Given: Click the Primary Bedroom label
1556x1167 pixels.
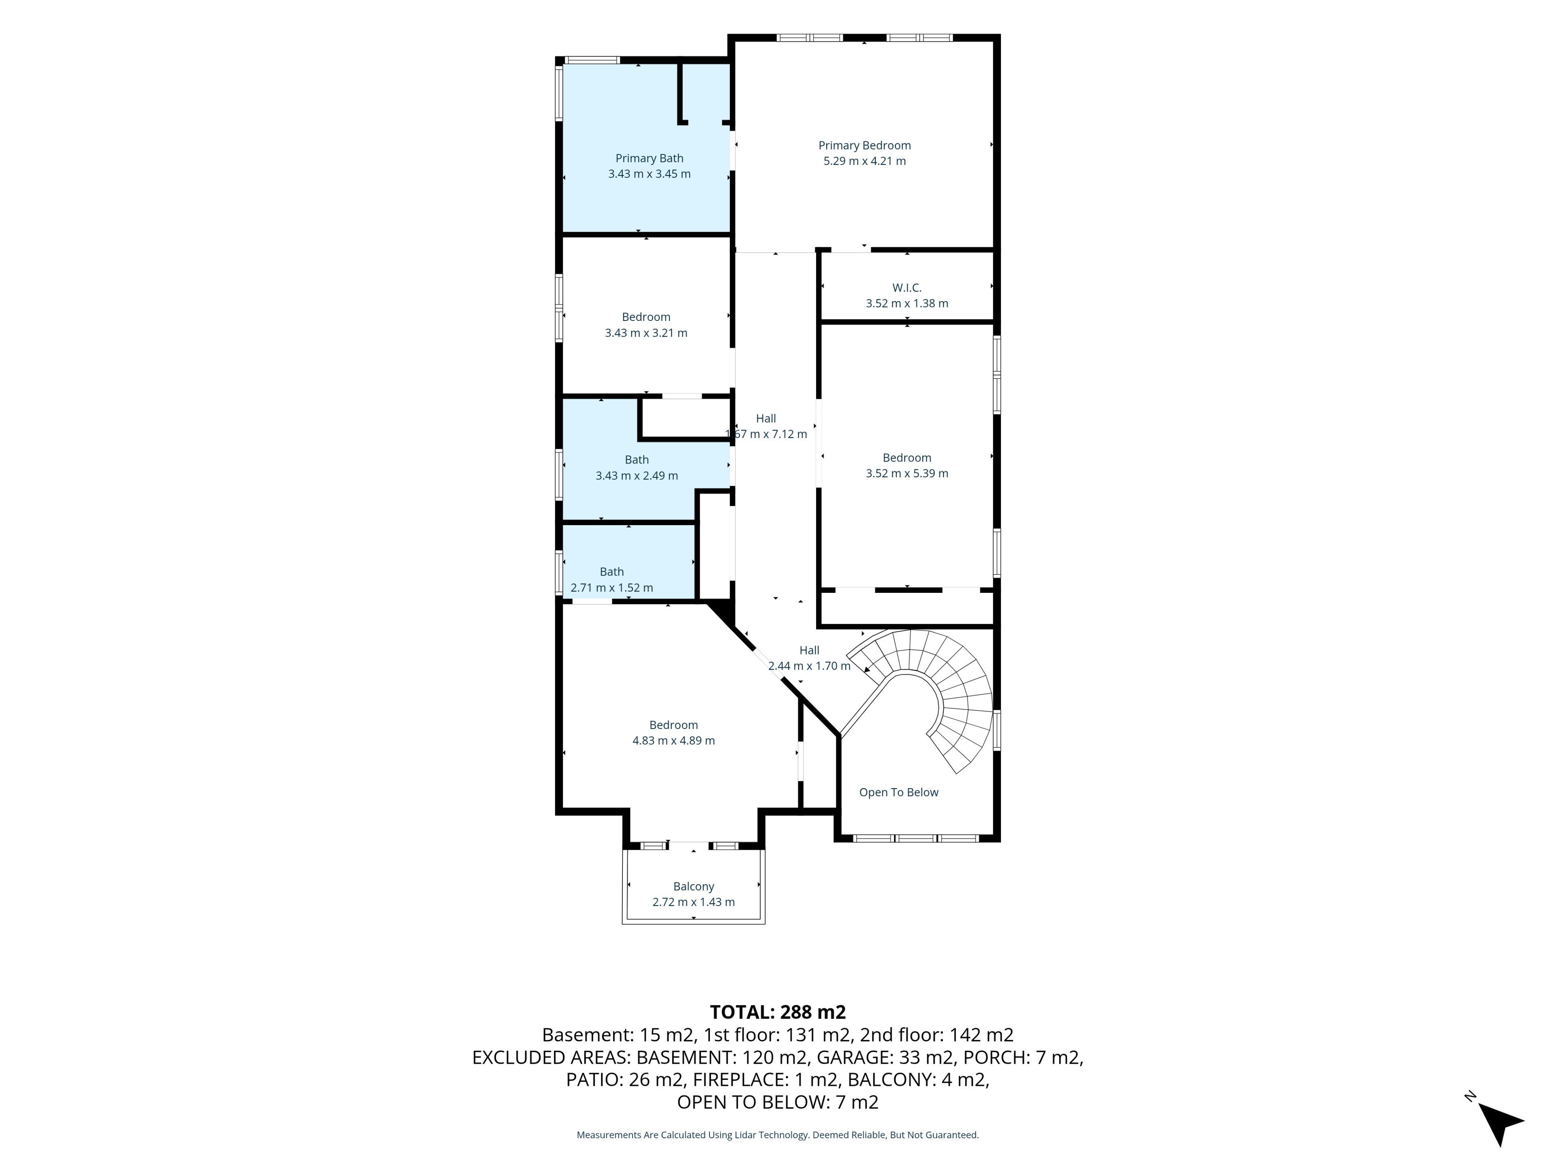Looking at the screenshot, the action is [865, 145].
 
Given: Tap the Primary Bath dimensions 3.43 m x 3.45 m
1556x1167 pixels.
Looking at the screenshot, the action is [649, 174].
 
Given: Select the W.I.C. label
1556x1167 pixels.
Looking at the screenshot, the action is [907, 288].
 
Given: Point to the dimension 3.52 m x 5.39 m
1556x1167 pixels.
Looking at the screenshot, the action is [907, 473].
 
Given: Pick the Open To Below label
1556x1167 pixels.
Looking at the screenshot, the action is [899, 793].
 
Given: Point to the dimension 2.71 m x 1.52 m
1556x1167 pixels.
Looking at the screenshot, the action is [612, 588].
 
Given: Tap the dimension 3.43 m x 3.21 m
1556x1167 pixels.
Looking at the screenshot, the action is [646, 333].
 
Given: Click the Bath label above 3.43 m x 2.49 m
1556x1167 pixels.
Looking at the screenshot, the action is [637, 460].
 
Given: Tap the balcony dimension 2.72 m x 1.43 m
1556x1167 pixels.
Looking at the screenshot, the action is [694, 902].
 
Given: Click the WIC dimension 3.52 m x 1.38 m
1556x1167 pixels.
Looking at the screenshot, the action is [907, 304].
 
